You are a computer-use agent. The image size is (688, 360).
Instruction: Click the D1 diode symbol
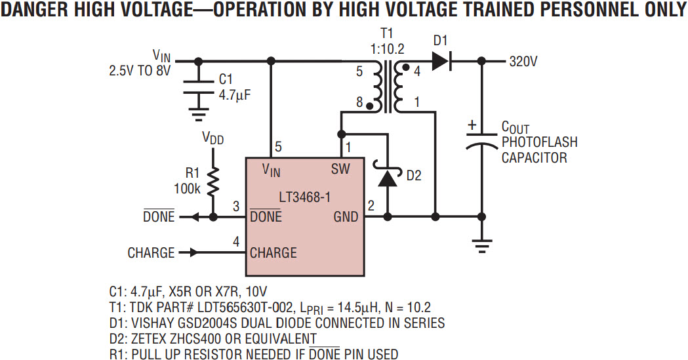point(441,62)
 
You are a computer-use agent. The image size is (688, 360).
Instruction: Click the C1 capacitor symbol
point(195,90)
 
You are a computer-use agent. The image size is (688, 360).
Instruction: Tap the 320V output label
point(523,62)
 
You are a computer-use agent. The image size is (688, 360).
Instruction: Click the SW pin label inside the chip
point(340,169)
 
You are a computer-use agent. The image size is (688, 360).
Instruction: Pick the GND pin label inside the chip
point(346,217)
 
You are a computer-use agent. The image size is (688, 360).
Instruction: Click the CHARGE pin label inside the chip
point(273,252)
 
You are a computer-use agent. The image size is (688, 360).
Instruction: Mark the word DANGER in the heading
point(39,12)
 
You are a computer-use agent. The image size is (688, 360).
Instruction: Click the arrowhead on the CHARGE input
point(192,252)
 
